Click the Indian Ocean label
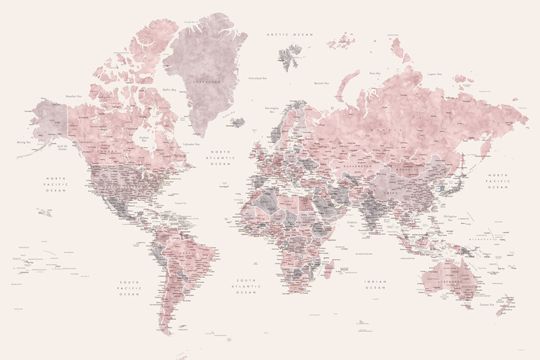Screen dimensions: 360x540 pos(375,286)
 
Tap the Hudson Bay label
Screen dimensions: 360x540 pos(144,140)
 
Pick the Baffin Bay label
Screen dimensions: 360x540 pos(169,90)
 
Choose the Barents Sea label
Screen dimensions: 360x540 pos(321,84)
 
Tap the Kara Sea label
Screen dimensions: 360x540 pos(374,73)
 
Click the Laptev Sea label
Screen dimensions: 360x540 pos(434,73)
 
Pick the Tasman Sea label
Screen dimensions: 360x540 pos(487,305)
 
